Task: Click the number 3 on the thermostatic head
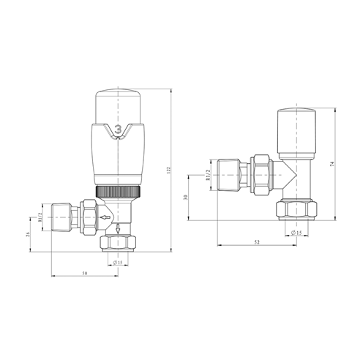118,129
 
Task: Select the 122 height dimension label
168,170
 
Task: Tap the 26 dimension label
28,234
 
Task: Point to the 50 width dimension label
85,274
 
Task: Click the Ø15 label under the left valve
118,263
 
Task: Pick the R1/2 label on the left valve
40,217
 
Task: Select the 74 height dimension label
331,164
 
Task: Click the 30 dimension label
185,198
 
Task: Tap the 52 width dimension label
257,242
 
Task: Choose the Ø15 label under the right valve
296,233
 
